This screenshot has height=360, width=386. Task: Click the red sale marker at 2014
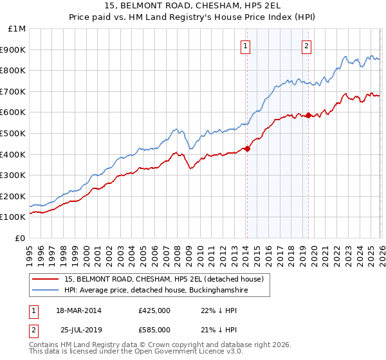pos(247,149)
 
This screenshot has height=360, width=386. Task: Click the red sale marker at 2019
pos(308,116)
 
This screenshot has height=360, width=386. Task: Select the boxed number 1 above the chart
pos(246,46)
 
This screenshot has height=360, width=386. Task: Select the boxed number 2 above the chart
pos(307,46)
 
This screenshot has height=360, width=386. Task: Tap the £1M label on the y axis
pos(17,29)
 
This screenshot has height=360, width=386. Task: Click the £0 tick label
pos(21,238)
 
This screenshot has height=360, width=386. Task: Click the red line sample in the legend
pos(46,280)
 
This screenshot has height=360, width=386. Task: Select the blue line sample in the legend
pos(46,291)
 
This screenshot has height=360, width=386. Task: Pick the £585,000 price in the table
pos(154,329)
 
